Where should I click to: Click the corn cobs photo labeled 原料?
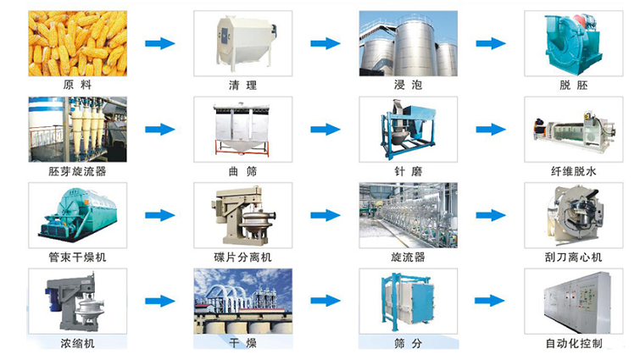(77, 43)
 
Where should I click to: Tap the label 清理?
(242, 86)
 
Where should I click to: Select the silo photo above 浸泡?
(408, 43)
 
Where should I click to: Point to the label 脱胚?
(574, 86)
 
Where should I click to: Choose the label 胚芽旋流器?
(77, 171)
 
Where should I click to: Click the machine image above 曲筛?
(242, 130)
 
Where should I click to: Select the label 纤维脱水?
(574, 171)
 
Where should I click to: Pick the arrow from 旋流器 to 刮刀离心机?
(490, 215)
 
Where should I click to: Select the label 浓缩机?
(77, 344)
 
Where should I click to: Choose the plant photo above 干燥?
(242, 301)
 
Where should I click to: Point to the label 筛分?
(408, 344)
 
